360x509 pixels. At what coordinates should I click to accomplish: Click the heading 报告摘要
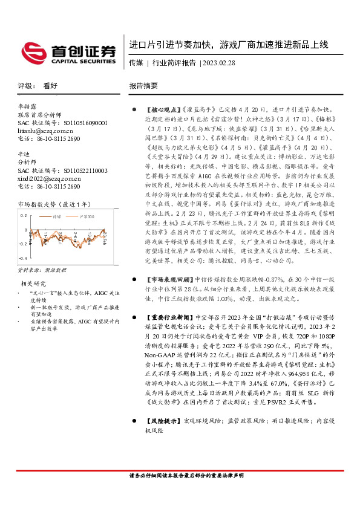143,86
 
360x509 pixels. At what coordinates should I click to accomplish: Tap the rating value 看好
50,86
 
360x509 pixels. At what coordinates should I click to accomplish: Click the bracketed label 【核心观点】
163,109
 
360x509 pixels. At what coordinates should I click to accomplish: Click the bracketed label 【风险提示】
163,421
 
